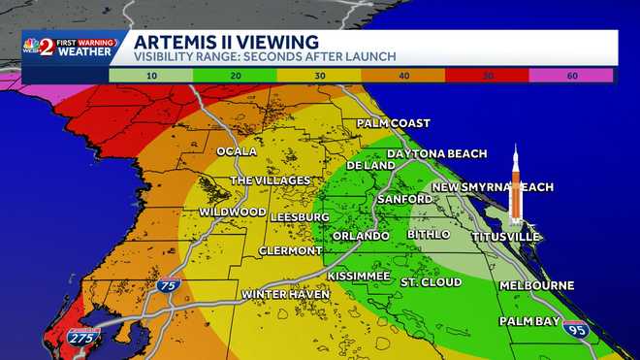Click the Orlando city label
(361, 236)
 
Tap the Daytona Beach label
(436, 154)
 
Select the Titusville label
(505, 237)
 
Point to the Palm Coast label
(393, 123)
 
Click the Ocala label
(238, 151)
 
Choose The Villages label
(270, 180)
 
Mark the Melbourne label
(537, 286)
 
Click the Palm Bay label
(531, 320)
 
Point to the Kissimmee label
(359, 277)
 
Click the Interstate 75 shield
(169, 286)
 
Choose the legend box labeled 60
(571, 74)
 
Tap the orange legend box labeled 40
(402, 74)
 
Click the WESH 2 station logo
(41, 47)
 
